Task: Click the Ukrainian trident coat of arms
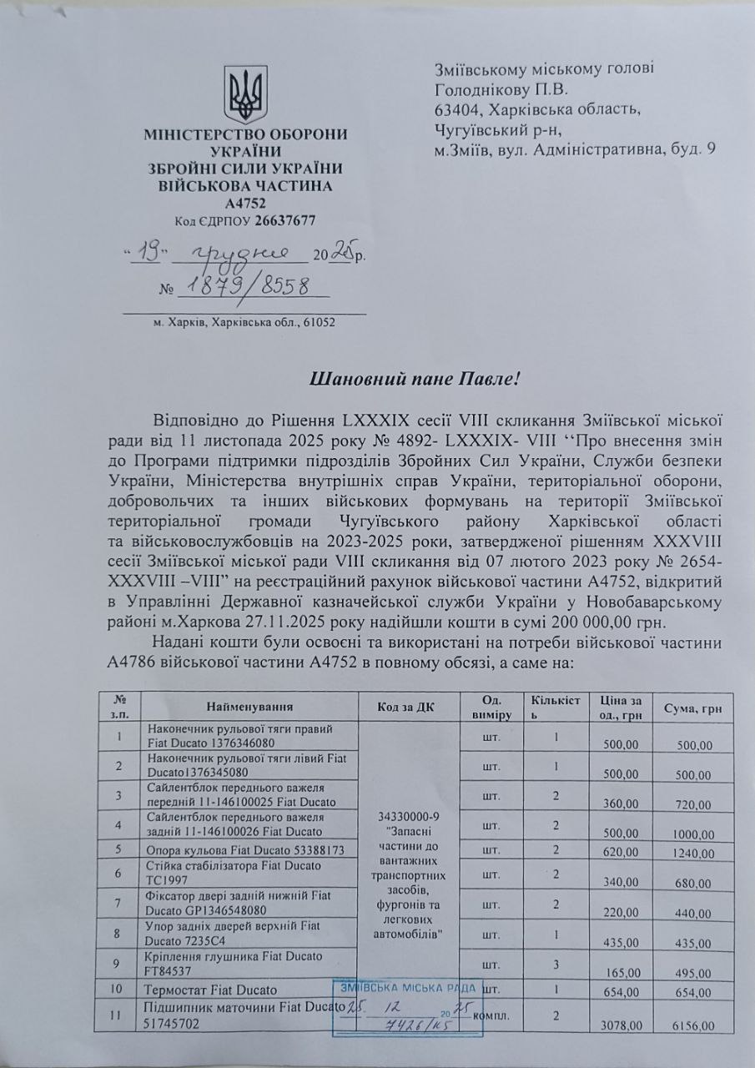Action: (x=246, y=94)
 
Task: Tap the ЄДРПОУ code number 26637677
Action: (x=285, y=221)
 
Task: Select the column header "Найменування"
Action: (x=249, y=706)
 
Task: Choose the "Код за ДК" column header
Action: (x=407, y=706)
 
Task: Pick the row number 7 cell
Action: (x=118, y=904)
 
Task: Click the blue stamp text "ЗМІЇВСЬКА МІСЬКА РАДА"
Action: (x=408, y=988)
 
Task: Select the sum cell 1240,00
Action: (x=694, y=854)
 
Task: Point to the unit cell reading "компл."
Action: (x=491, y=1017)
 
